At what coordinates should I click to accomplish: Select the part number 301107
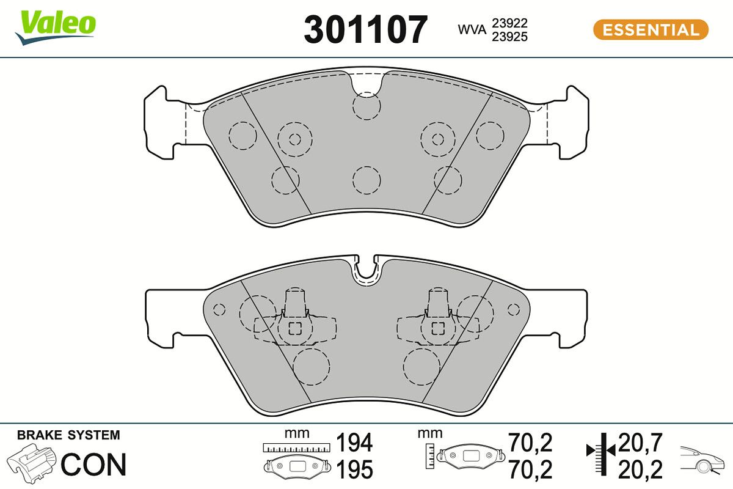[365, 29]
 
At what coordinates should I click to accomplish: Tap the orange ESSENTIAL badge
[651, 30]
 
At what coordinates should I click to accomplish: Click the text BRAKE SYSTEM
[68, 436]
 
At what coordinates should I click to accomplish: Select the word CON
[93, 465]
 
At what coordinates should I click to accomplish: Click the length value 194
[354, 442]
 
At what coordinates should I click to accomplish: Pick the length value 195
[354, 469]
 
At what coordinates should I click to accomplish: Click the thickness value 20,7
[640, 442]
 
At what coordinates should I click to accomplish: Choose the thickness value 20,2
[640, 469]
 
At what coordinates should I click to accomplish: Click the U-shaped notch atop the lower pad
[366, 270]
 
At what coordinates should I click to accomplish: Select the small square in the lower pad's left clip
[295, 328]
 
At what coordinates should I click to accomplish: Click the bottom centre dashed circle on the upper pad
[366, 180]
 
